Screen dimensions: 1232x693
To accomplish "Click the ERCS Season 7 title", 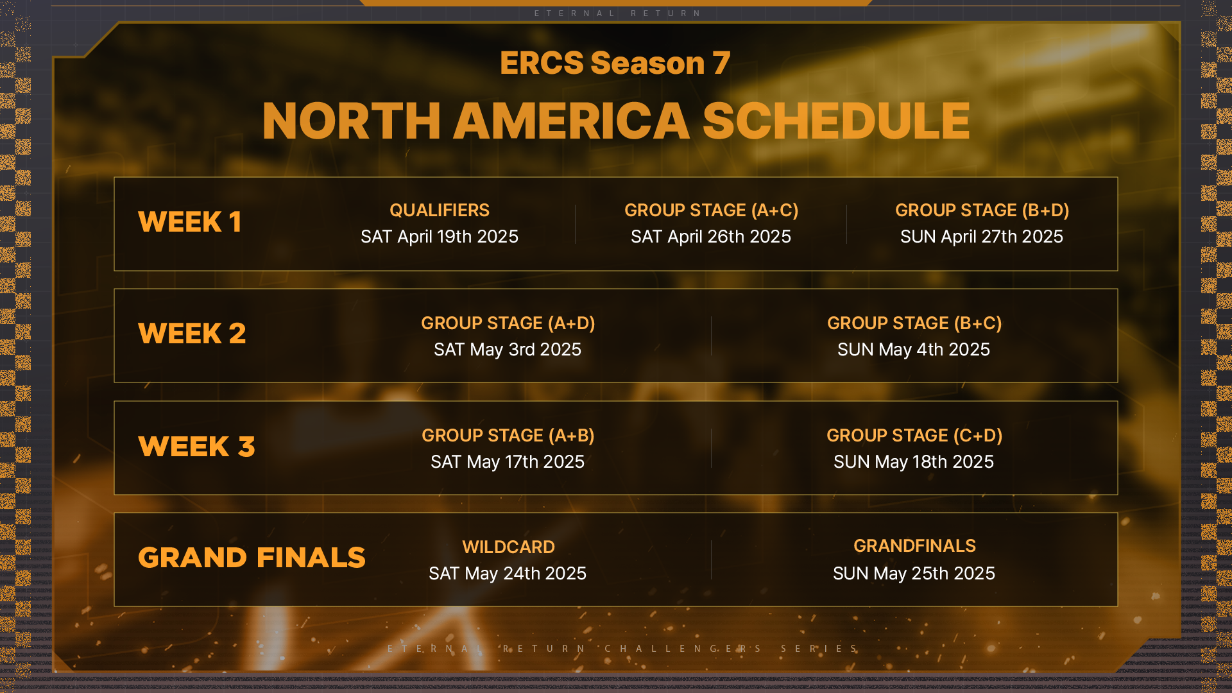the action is point(615,63).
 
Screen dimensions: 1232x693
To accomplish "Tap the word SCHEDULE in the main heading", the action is point(836,121).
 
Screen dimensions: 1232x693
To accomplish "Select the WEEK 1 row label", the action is point(190,222).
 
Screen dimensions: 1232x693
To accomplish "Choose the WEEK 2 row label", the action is point(192,334).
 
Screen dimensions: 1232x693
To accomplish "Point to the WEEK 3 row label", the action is point(196,447).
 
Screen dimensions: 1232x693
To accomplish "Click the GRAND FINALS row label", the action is point(252,558).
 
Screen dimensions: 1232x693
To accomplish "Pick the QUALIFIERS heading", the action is point(440,210).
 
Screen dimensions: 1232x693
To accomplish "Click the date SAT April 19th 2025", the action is point(440,237).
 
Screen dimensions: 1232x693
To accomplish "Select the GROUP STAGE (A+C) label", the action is point(712,210).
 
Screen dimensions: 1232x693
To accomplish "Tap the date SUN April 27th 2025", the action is point(982,237).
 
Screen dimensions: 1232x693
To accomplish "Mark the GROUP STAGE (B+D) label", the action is point(982,210).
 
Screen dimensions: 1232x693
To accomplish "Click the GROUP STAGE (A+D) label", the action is point(508,323).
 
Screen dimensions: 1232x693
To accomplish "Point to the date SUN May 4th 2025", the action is point(914,350).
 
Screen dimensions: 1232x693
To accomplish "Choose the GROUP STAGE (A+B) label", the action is point(508,436).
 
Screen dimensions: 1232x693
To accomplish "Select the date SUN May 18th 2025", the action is point(914,462).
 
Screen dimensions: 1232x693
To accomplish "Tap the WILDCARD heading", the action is point(509,547).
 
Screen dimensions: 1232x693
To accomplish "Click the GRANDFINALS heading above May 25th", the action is point(914,546).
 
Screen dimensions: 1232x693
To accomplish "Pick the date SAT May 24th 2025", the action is point(508,574).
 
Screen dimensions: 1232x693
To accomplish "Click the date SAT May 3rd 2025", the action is point(508,350).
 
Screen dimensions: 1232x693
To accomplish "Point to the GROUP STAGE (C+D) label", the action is point(914,436).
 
